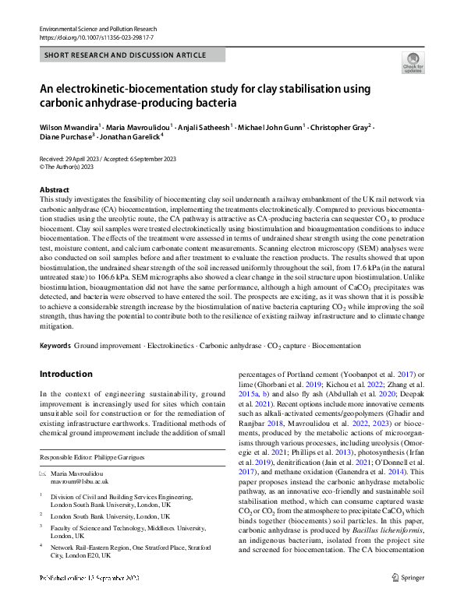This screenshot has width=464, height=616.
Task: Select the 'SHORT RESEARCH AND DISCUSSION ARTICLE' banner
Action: pyautogui.click(x=126, y=55)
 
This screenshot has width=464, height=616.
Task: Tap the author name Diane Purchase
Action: pyautogui.click(x=66, y=136)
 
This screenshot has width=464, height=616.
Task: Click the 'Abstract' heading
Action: pyautogui.click(x=55, y=189)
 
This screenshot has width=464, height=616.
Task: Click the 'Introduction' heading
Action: pyautogui.click(x=66, y=374)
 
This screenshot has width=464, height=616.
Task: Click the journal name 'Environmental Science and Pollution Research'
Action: pyautogui.click(x=103, y=28)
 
